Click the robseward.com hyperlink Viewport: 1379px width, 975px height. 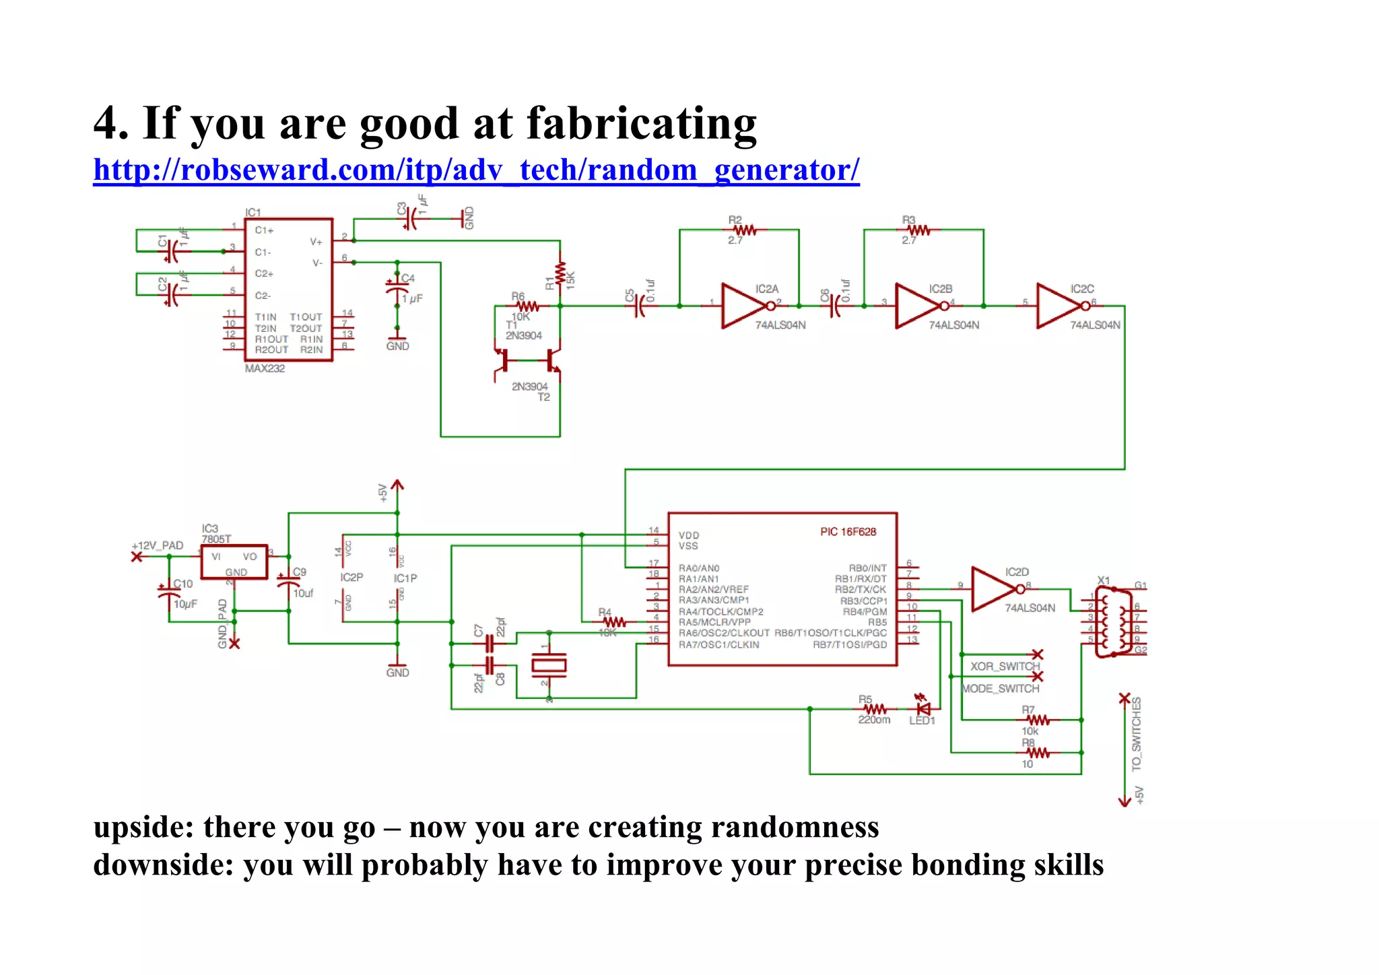point(475,170)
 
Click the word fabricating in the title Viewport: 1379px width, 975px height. point(641,124)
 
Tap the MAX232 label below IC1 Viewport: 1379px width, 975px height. point(265,368)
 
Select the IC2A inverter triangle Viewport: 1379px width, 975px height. point(742,306)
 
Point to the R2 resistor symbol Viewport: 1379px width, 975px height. point(744,230)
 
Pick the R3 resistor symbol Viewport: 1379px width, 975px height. point(918,230)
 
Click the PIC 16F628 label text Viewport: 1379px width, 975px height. point(848,531)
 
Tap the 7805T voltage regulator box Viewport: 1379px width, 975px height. point(234,562)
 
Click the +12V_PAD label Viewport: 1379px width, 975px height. point(158,545)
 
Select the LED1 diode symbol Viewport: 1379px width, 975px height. point(924,708)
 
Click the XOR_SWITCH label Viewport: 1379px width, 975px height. point(1005,666)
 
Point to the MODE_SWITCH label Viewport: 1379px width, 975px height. point(1001,688)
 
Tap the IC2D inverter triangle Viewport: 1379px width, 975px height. point(993,589)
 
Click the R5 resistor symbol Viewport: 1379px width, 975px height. point(875,709)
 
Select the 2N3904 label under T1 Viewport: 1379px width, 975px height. point(523,335)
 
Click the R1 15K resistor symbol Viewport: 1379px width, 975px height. point(560,274)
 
